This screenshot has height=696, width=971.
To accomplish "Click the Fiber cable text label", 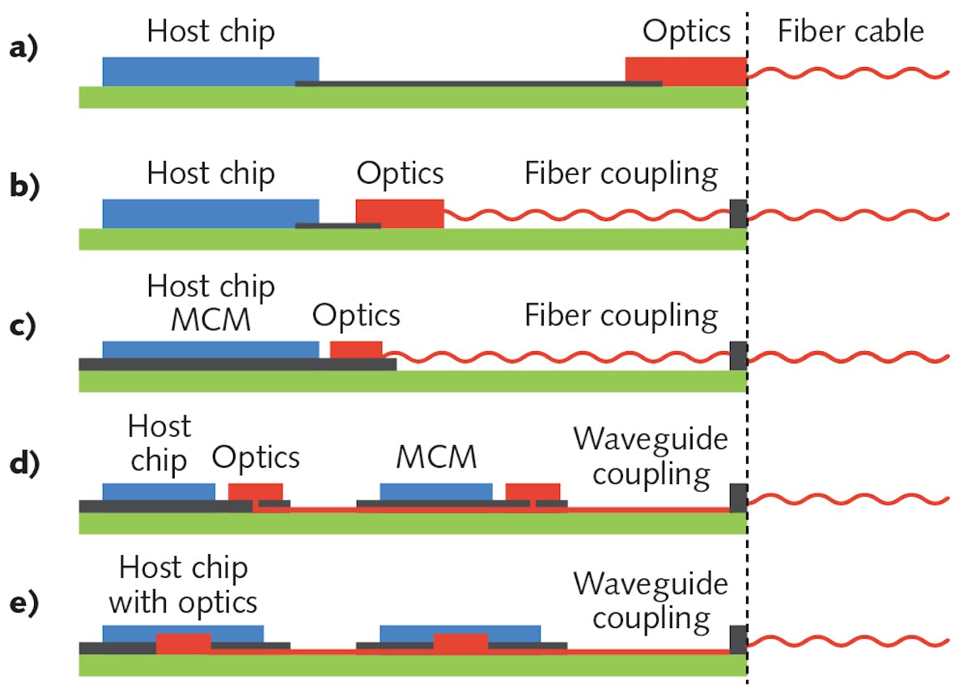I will pos(850,32).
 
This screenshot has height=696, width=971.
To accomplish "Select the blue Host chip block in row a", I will pos(210,70).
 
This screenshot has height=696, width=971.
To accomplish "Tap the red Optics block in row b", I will pos(400,212).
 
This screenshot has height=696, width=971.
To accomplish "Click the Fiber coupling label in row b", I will pos(621,175).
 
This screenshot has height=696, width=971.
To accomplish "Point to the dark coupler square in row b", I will pos(738,214).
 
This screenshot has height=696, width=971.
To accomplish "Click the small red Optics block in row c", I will pos(356,350).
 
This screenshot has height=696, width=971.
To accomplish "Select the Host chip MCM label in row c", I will pos(211,303).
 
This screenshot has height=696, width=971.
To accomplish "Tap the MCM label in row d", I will pos(436,458).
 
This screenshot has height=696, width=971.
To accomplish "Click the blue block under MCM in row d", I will pos(436,491).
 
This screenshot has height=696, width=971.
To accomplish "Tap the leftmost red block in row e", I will pos(184,643).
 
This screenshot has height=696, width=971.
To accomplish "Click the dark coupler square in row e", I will pos(738,639).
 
